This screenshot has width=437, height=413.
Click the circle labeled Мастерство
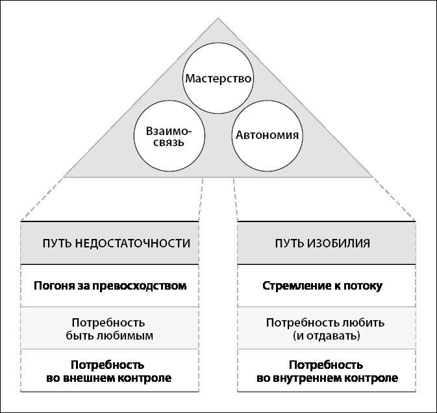pos(218,79)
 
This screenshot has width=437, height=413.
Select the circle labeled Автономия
pos(267,136)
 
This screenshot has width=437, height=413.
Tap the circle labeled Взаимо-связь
pos(169,136)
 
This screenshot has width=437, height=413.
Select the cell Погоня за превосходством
pos(110,286)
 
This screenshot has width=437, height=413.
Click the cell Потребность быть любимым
pos(110,329)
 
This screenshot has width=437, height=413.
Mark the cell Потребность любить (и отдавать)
pos(327,329)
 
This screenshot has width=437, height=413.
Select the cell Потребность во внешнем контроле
pos(110,371)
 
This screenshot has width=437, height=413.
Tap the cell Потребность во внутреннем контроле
pos(327,371)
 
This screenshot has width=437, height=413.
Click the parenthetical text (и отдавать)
pos(327,336)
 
